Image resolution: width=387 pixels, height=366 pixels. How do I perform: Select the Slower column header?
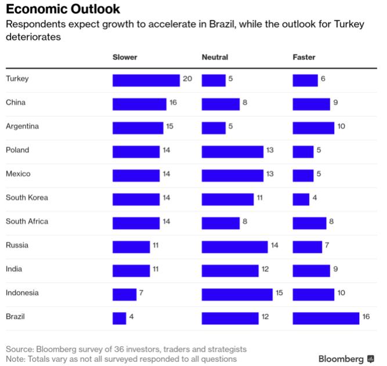pyautogui.click(x=125, y=57)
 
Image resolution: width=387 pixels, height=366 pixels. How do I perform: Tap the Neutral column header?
pyautogui.click(x=215, y=57)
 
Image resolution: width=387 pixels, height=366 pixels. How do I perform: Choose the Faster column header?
pyautogui.click(x=304, y=57)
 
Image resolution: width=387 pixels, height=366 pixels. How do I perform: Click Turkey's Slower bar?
pyautogui.click(x=146, y=80)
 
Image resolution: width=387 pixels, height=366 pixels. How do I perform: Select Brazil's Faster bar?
pyautogui.click(x=326, y=318)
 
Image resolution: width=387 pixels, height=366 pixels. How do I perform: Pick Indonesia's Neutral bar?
pyautogui.click(x=237, y=294)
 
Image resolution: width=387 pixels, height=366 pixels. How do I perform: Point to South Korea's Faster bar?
pyautogui.click(x=301, y=199)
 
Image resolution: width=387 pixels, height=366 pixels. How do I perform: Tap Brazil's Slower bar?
pyautogui.click(x=119, y=318)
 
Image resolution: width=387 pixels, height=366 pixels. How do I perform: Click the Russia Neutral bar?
pyautogui.click(x=235, y=247)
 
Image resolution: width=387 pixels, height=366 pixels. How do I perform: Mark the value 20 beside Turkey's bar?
pyautogui.click(x=187, y=78)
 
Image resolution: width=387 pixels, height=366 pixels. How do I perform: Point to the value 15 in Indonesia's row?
pyautogui.click(x=279, y=293)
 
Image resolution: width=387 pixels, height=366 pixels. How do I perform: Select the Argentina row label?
pyautogui.click(x=22, y=126)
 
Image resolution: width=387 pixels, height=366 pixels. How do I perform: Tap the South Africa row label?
pyautogui.click(x=27, y=221)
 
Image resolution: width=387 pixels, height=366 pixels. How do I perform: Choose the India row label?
pyautogui.click(x=14, y=269)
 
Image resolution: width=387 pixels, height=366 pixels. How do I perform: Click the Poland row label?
pyautogui.click(x=17, y=150)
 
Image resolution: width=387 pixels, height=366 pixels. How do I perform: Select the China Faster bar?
pyautogui.click(x=311, y=104)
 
